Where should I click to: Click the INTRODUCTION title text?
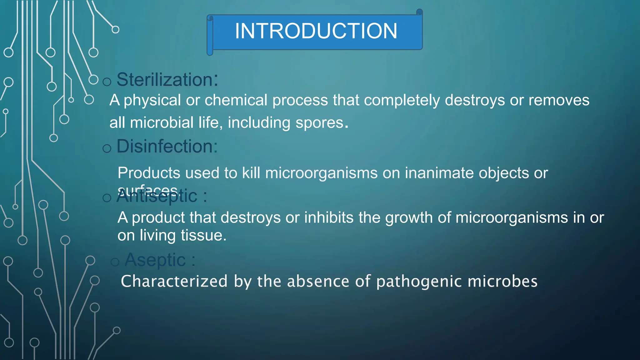pos(316,31)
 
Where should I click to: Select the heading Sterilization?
pos(167,80)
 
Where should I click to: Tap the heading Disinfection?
pos(167,146)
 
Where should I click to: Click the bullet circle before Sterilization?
pos(107,82)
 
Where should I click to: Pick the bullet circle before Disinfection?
pos(107,148)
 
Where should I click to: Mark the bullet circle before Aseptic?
pos(115,262)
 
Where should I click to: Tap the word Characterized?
pos(174,281)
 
